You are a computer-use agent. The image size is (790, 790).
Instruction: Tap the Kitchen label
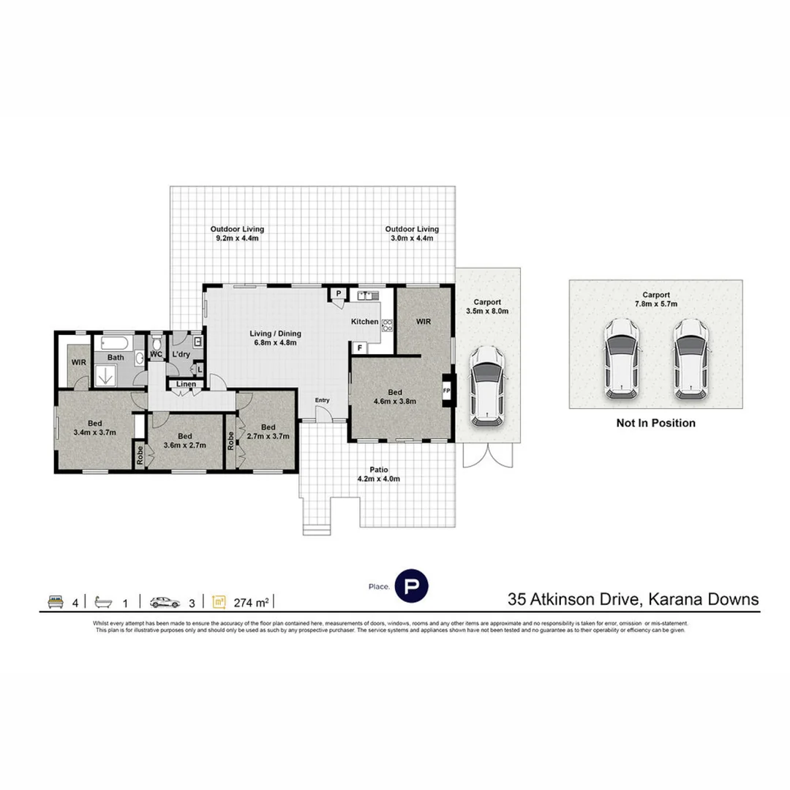(364, 322)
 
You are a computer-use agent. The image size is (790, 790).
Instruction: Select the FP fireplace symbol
(447, 391)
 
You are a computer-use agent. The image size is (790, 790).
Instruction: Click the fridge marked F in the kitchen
(360, 348)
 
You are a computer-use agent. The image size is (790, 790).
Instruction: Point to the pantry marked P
(339, 294)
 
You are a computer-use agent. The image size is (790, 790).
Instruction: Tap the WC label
(156, 354)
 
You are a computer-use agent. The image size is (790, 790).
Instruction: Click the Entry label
(322, 400)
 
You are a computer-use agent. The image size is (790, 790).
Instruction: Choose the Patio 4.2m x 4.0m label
(378, 475)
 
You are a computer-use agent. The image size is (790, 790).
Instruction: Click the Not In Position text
(655, 423)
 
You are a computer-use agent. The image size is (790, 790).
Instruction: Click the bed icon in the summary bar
(54, 602)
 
